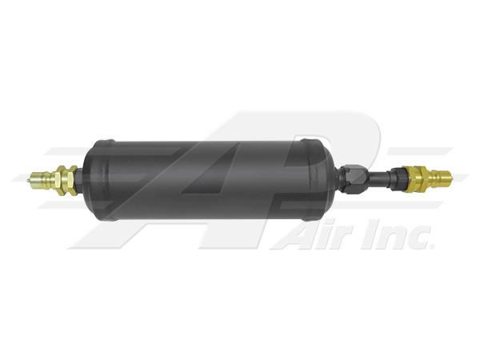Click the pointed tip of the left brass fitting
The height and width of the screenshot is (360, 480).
click(28, 180)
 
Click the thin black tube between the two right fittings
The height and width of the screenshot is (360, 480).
click(378, 178)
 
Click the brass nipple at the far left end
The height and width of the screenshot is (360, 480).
click(42, 180)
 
